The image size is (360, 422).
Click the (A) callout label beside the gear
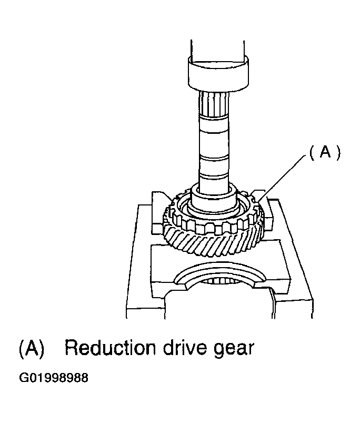coord(325,153)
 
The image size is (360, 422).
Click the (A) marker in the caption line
coord(32,348)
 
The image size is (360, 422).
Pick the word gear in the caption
coord(234,349)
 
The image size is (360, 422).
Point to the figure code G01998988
coord(54,378)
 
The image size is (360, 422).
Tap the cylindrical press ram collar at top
coord(218,73)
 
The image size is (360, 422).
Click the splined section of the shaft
coord(214,104)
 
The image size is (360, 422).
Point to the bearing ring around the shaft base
coord(214,207)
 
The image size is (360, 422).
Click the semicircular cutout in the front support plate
coord(218,275)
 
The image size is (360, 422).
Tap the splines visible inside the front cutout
coord(218,281)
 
